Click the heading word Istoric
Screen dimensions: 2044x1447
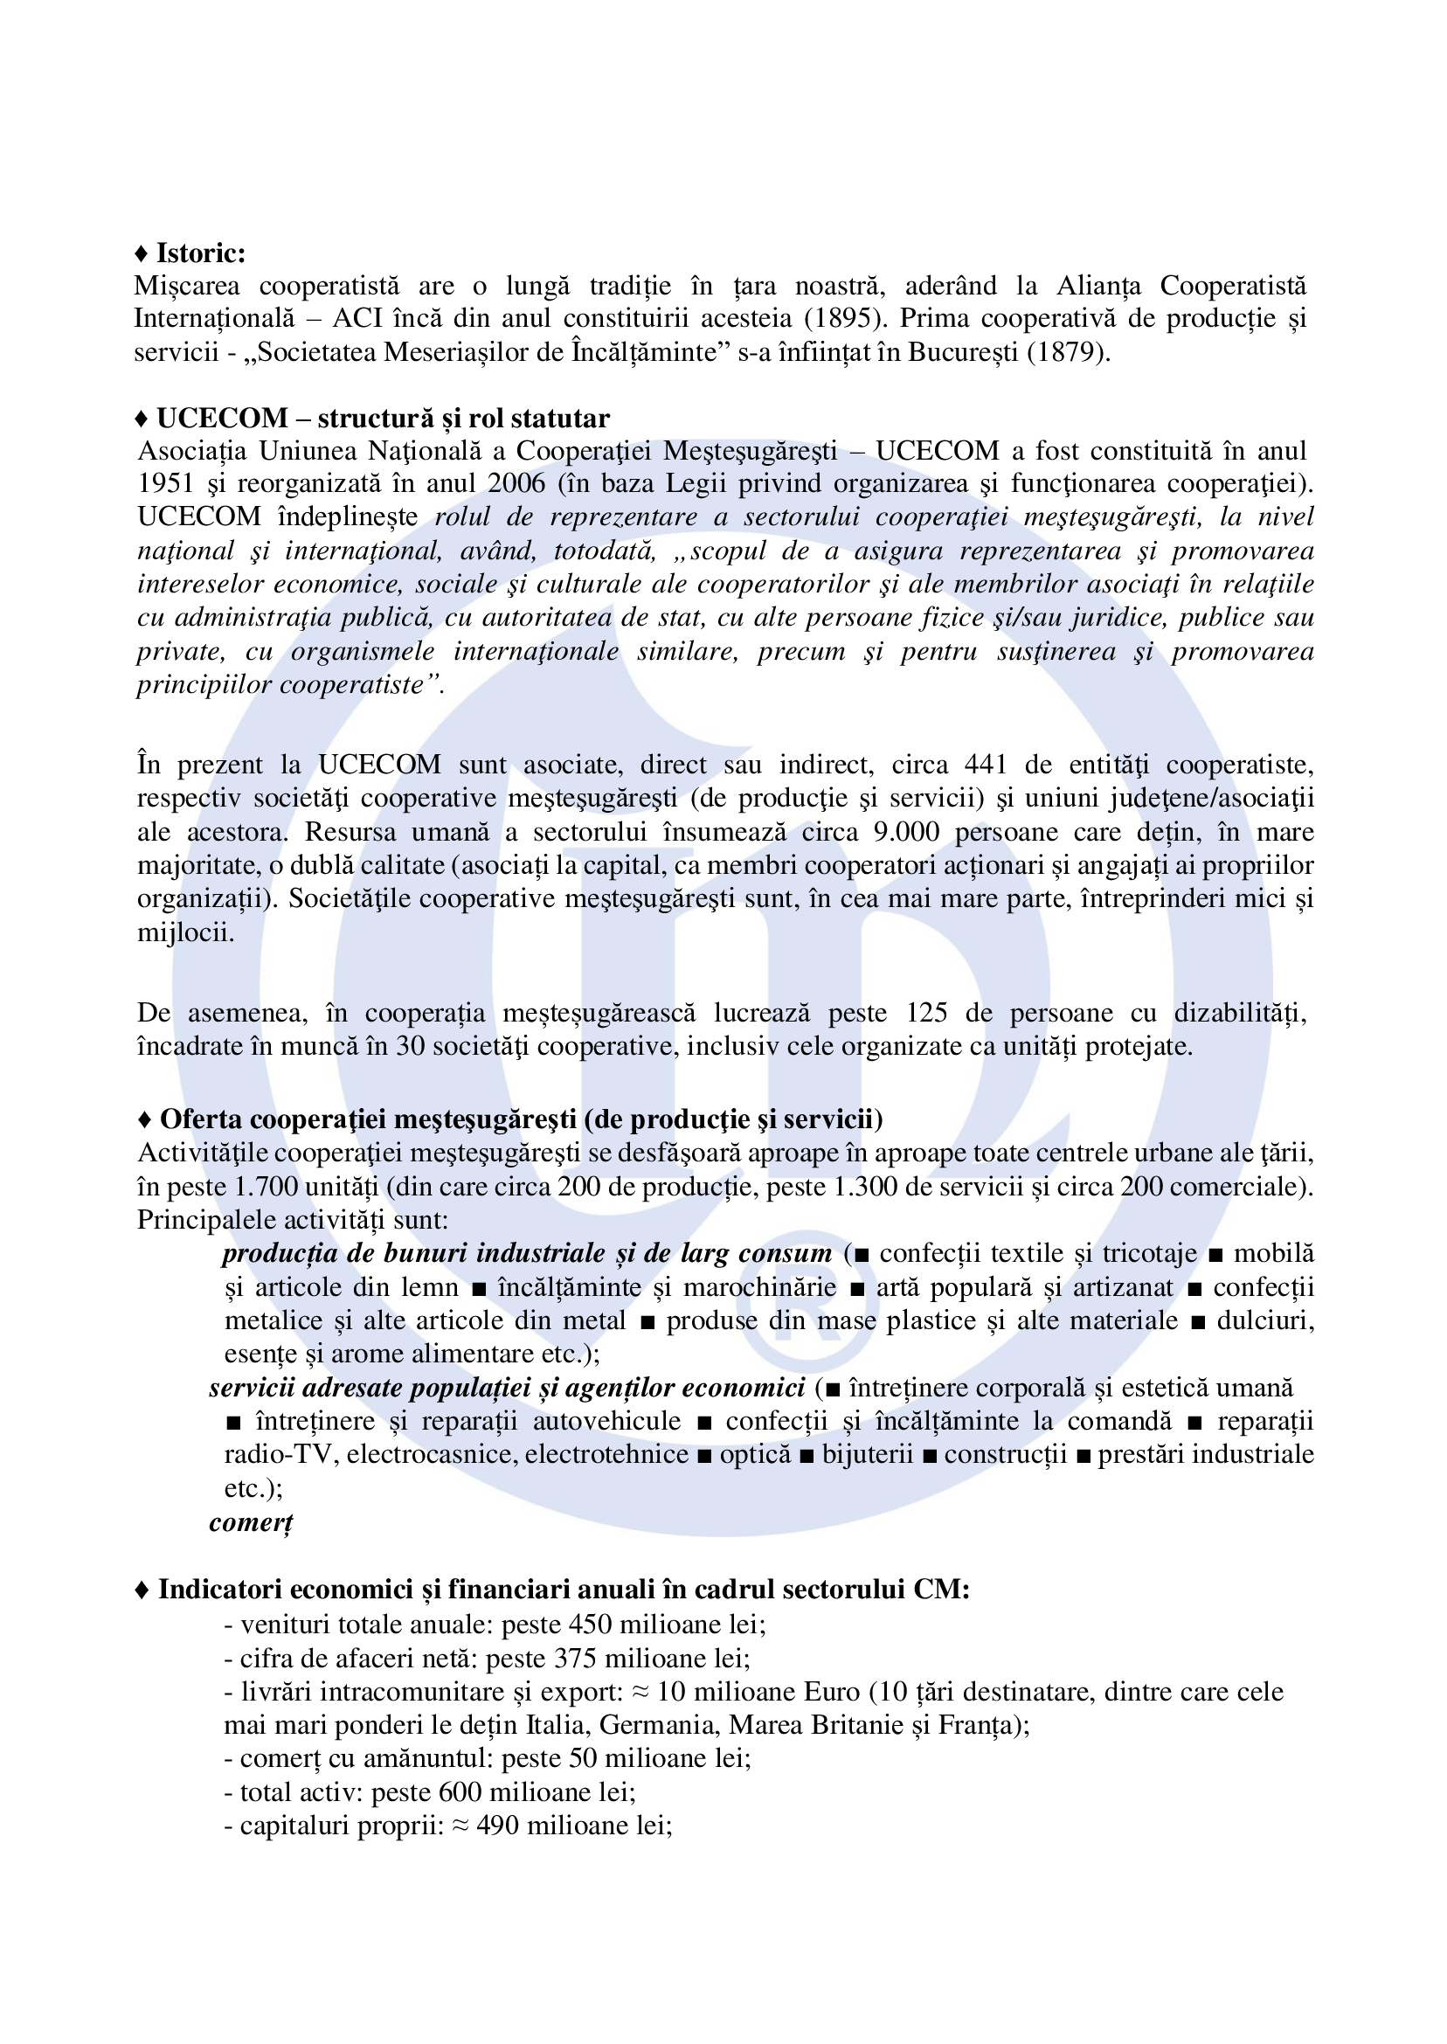pyautogui.click(x=200, y=253)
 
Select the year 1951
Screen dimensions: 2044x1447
pyautogui.click(x=166, y=484)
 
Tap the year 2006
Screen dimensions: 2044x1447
pyautogui.click(x=516, y=484)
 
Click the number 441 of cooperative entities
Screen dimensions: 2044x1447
pyautogui.click(x=986, y=765)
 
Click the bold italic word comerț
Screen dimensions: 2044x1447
pyautogui.click(x=251, y=1522)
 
